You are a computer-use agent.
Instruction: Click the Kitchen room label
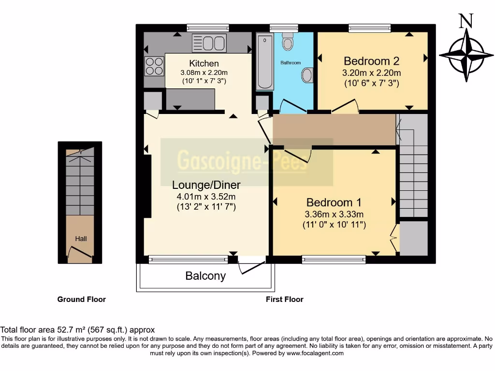(204, 63)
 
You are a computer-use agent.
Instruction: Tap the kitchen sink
(209, 43)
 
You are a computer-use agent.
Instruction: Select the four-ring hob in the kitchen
(154, 66)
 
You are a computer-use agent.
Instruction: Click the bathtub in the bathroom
(264, 62)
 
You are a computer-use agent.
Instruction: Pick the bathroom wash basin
(307, 75)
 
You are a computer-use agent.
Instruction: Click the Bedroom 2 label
(372, 61)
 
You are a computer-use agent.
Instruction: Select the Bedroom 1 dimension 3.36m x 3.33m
(334, 214)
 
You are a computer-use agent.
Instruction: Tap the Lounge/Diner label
(206, 185)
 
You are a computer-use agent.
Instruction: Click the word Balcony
(205, 276)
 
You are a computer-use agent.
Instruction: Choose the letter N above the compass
(466, 21)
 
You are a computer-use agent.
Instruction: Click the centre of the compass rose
(466, 56)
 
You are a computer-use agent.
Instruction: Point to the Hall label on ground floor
(81, 239)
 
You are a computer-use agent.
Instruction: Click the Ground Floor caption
(81, 300)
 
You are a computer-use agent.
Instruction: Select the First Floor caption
(284, 300)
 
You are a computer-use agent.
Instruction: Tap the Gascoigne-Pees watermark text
(242, 161)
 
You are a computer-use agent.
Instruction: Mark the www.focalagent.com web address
(315, 353)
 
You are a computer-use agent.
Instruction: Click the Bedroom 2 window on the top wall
(369, 28)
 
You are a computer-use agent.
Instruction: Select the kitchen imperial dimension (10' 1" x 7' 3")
(204, 81)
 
